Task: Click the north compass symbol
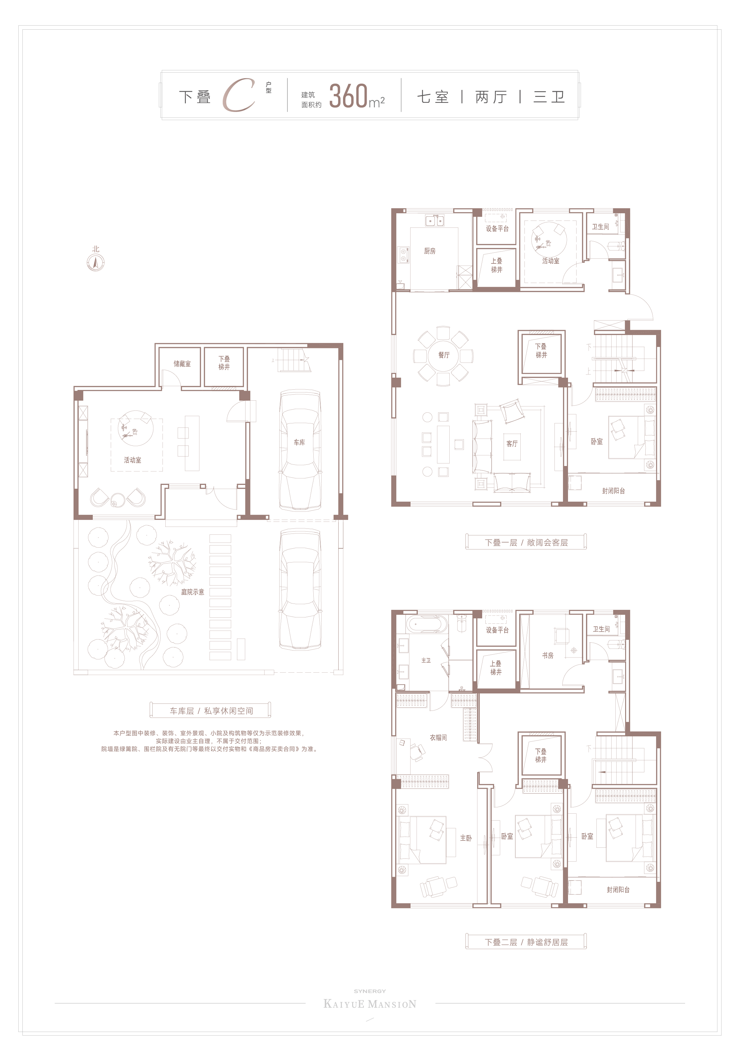click(96, 262)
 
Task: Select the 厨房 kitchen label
click(429, 251)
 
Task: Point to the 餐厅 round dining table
click(443, 355)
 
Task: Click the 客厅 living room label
click(512, 444)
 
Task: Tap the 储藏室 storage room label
click(182, 364)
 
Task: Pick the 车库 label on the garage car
click(299, 442)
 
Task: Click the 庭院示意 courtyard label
click(192, 592)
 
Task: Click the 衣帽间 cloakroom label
click(438, 738)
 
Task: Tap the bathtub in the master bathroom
click(427, 624)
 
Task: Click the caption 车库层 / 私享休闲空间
click(211, 711)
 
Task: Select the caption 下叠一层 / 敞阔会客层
click(526, 543)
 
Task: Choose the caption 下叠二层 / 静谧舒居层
click(526, 942)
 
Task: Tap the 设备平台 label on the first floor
click(497, 229)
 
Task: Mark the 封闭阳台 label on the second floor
click(618, 890)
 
